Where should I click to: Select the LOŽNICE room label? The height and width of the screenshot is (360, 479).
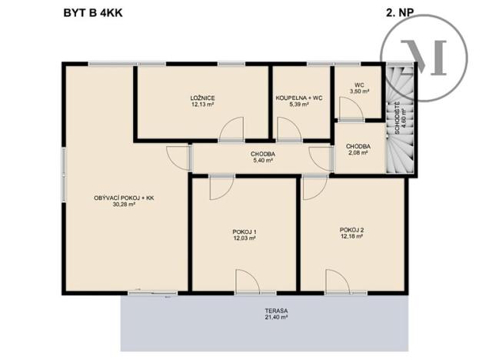pyautogui.click(x=202, y=98)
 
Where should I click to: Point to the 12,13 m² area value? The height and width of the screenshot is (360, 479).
pyautogui.click(x=202, y=105)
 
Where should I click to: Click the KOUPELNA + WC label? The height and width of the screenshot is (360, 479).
pyautogui.click(x=299, y=98)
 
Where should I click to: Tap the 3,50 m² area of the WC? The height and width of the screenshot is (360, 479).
pyautogui.click(x=359, y=92)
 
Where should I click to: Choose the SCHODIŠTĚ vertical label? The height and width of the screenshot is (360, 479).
pyautogui.click(x=397, y=119)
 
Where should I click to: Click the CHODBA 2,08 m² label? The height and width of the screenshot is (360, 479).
pyautogui.click(x=358, y=149)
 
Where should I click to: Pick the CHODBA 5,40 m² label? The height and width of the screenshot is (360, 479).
pyautogui.click(x=262, y=158)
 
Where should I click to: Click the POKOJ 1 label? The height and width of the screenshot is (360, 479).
pyautogui.click(x=244, y=232)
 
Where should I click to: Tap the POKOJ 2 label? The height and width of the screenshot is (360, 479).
pyautogui.click(x=351, y=230)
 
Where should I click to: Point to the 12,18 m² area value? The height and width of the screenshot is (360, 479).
pyautogui.click(x=351, y=237)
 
